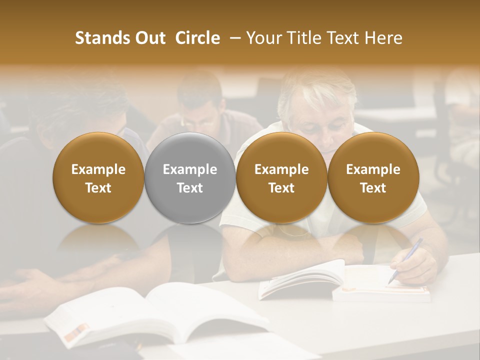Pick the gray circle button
(x=190, y=178)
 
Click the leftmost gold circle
(x=98, y=178)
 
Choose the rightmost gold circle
(x=373, y=178)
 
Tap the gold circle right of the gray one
(x=281, y=178)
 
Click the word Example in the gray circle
(x=190, y=169)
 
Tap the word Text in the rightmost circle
(x=373, y=188)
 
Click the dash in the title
(x=233, y=38)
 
